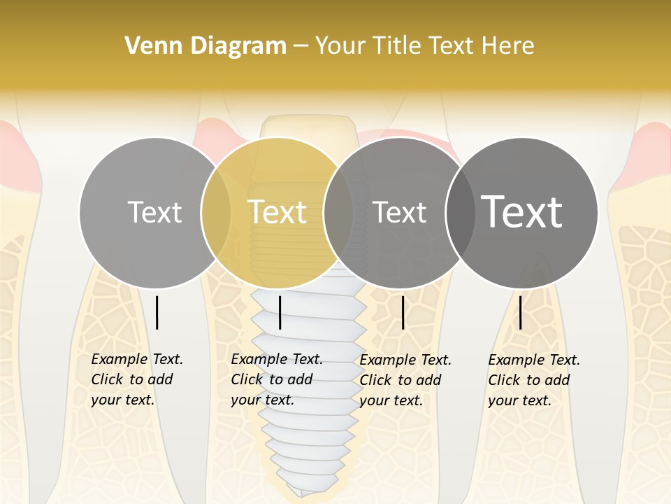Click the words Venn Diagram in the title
205,46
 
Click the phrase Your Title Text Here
424,46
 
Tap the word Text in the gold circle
277,212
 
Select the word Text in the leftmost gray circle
154,212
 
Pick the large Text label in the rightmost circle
521,211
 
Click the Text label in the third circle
399,212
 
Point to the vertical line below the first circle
157,312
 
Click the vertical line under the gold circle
280,312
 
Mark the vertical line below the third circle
403,312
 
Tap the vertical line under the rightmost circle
521,312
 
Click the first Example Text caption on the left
136,379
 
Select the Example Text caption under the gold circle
276,379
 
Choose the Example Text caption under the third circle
405,380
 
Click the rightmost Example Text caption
533,380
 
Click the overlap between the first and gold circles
216,212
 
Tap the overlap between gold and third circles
338,212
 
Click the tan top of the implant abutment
306,126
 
